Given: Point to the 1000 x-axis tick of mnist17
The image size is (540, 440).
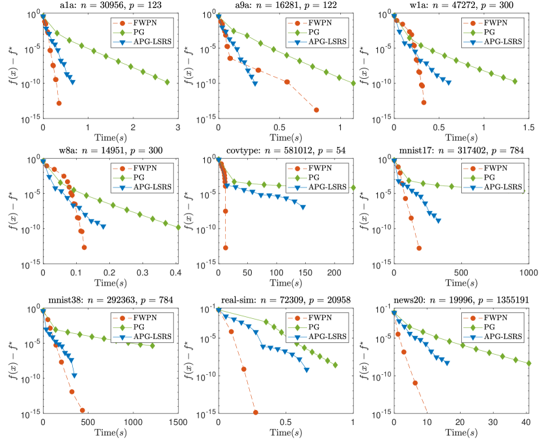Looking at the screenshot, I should [x=528, y=271].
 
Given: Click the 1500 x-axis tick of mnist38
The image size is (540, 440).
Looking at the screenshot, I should [x=179, y=422].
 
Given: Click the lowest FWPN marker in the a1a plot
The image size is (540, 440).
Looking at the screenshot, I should [x=59, y=103].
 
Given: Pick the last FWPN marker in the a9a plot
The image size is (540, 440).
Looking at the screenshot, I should [x=316, y=110].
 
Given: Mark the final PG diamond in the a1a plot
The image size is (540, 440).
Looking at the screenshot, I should [x=167, y=82].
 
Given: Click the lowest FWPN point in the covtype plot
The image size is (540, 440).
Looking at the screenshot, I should [x=226, y=247].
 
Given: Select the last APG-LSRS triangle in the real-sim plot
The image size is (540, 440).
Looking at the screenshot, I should [x=306, y=370].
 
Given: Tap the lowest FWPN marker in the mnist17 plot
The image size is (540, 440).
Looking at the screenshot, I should [x=419, y=248].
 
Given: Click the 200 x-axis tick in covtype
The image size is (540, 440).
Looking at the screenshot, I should [x=334, y=271].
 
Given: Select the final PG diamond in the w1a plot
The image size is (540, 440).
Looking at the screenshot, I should [x=515, y=81].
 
